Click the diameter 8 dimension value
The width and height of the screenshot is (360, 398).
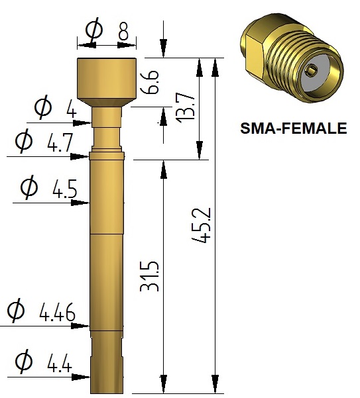[123, 32]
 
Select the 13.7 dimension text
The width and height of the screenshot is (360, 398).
[186, 108]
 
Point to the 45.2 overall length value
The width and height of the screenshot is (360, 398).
[202, 225]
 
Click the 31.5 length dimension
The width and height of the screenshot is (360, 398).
[149, 276]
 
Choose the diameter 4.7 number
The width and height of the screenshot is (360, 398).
[60, 142]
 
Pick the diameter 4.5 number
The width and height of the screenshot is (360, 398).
[64, 189]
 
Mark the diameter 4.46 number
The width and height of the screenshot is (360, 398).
[58, 312]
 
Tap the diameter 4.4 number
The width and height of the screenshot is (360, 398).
[60, 363]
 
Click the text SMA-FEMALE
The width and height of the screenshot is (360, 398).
[294, 128]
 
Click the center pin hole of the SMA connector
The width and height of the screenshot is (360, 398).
[311, 70]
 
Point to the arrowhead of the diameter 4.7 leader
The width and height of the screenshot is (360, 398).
[80, 156]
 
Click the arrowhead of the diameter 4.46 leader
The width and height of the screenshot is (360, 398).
[80, 326]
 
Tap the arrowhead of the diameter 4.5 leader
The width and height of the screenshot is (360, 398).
[80, 203]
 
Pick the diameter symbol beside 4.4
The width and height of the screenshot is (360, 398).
[24, 361]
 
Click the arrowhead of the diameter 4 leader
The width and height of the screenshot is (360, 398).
[82, 123]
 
